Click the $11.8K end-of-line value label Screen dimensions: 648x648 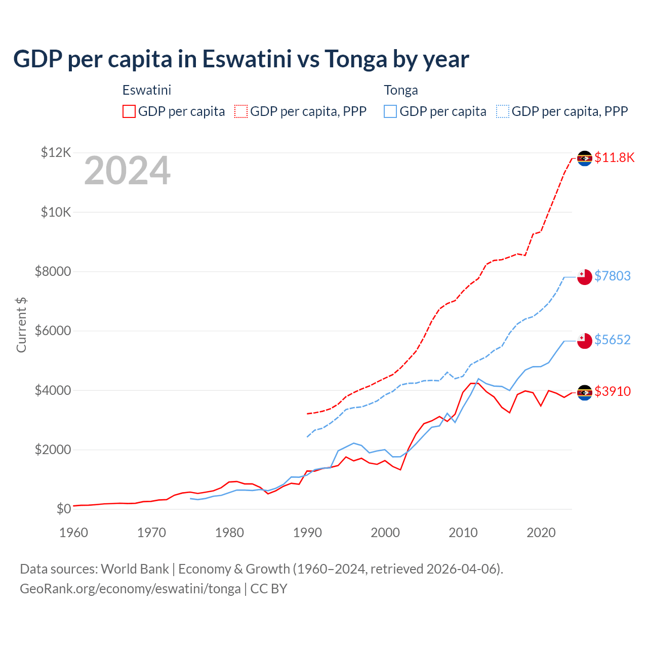click(614, 157)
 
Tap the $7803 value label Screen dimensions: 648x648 click(613, 276)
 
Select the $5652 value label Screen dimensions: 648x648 click(613, 340)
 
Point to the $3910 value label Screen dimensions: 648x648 click(613, 391)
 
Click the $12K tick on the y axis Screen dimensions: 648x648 click(56, 152)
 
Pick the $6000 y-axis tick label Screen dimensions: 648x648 click(53, 331)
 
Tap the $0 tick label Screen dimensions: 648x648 click(63, 509)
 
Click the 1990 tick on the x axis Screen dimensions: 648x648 click(307, 533)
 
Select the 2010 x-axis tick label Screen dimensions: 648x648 click(463, 533)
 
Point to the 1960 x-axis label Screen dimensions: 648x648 click(74, 533)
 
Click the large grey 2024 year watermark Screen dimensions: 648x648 click(127, 171)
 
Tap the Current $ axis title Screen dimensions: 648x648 click(21, 325)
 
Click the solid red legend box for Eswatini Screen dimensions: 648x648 click(129, 111)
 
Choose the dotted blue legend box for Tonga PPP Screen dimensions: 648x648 click(503, 111)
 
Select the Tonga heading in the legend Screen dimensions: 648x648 click(401, 90)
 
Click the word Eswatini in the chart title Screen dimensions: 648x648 click(247, 59)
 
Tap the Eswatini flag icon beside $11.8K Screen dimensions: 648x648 click(585, 158)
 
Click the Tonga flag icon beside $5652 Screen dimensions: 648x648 click(585, 340)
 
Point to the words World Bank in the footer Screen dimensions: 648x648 click(135, 569)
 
